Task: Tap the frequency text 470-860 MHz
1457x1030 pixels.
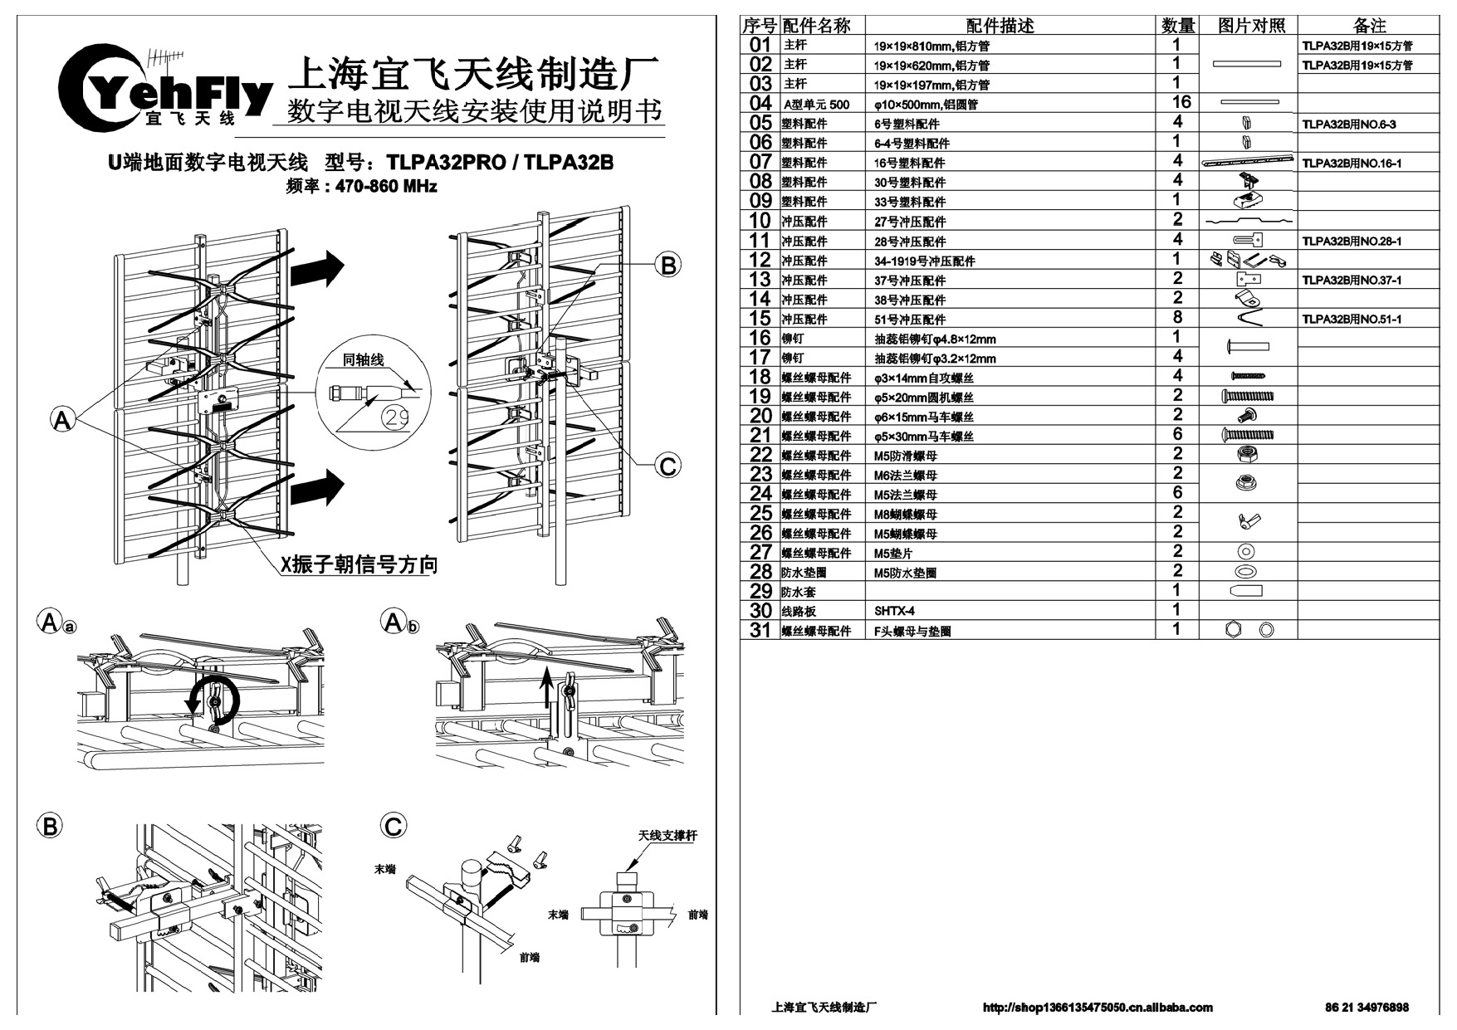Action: point(386,186)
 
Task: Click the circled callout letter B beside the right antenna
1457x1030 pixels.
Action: point(667,266)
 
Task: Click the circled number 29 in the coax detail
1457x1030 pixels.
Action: point(398,417)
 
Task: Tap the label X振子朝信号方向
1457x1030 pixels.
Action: point(358,564)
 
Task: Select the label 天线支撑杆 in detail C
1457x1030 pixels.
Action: point(667,835)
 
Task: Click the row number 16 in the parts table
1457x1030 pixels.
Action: point(760,338)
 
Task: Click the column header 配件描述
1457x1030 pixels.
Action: point(1000,26)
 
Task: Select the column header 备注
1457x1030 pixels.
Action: point(1369,26)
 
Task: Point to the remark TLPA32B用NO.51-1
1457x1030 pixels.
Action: point(1352,320)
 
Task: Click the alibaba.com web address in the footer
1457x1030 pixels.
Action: point(1098,1008)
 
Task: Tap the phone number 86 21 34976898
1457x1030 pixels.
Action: point(1367,1008)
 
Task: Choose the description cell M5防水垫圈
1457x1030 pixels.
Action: point(905,573)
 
